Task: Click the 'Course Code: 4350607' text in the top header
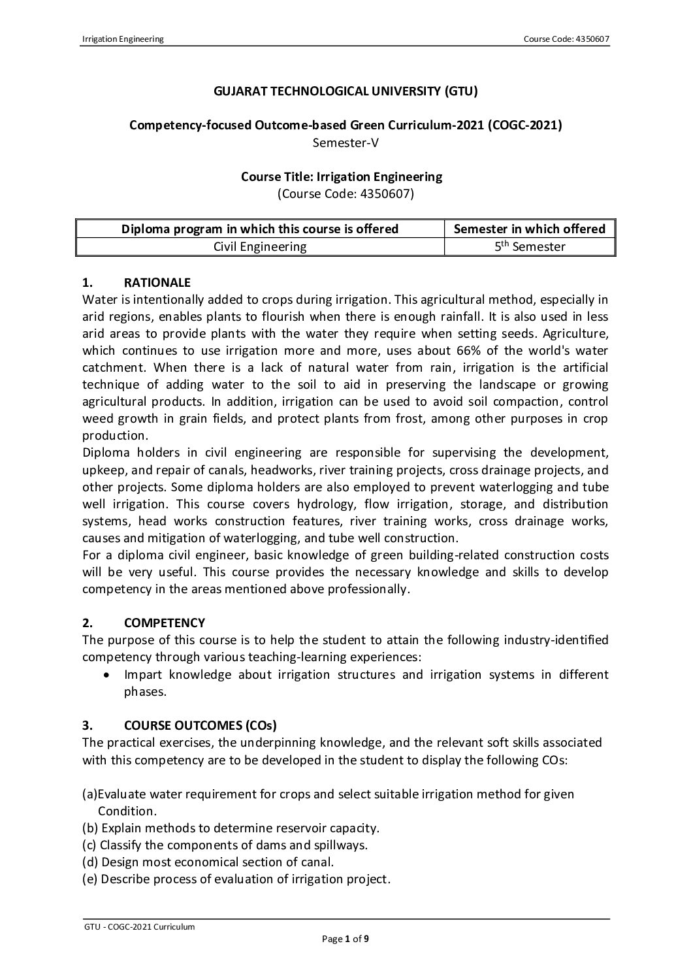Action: point(566,39)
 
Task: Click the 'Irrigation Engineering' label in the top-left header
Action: point(122,39)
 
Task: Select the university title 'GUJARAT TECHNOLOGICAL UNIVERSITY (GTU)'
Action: point(345,91)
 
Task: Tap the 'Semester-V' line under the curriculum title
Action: point(345,142)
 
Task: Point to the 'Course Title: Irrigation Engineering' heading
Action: point(345,176)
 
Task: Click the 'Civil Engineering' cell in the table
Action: point(260,246)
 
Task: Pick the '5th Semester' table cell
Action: point(529,246)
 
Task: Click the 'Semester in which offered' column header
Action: point(529,229)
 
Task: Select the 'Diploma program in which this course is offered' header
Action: point(260,229)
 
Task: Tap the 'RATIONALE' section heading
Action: point(157,283)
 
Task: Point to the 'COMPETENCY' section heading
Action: point(164,623)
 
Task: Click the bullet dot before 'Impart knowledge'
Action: point(106,674)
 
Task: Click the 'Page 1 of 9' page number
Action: point(345,939)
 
